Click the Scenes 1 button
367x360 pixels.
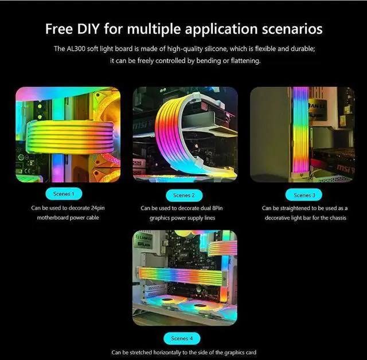(x=67, y=194)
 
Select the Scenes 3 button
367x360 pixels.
(x=304, y=195)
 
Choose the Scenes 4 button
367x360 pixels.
(x=183, y=338)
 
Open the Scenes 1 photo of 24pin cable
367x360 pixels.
(x=67, y=135)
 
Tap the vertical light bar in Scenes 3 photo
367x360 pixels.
(x=300, y=132)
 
